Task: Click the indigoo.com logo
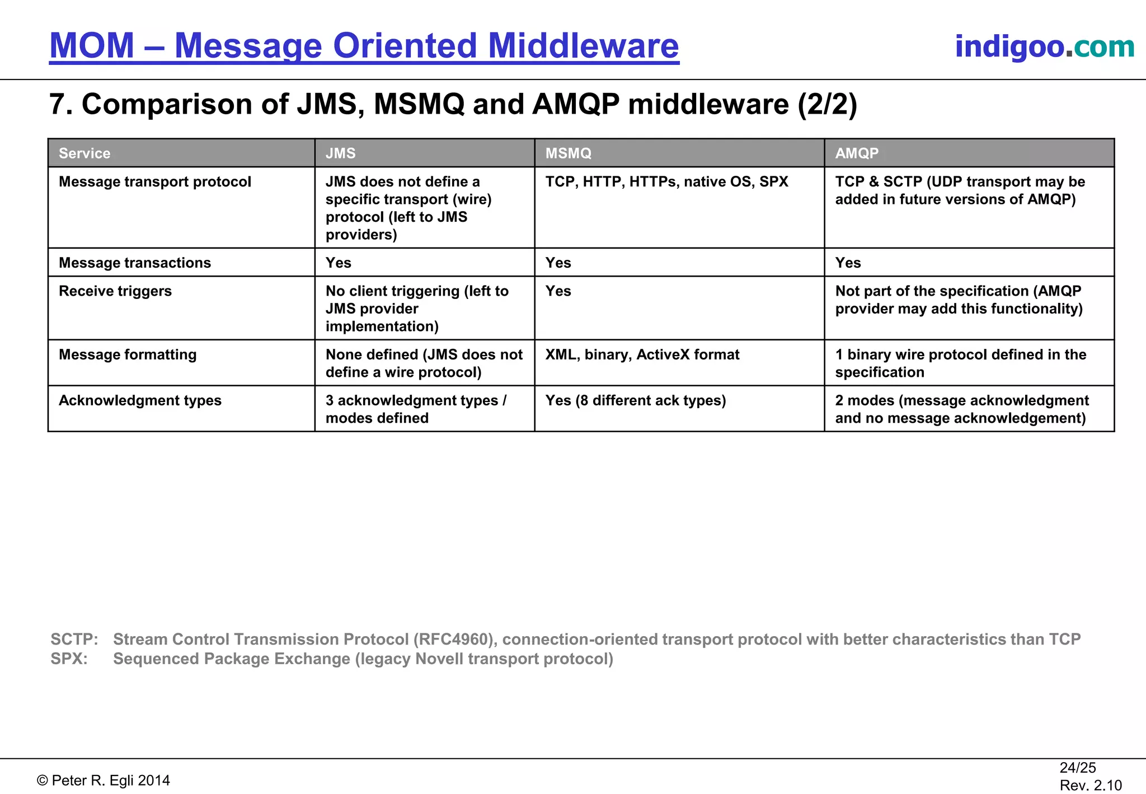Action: point(1044,46)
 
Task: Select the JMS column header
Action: point(340,153)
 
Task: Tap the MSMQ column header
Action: point(568,153)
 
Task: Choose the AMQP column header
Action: point(857,153)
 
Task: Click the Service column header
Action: point(84,153)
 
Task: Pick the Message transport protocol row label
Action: point(155,181)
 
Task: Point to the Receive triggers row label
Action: point(115,291)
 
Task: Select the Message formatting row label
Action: point(128,354)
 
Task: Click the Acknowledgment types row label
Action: point(140,400)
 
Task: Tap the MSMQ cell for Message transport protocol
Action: point(666,181)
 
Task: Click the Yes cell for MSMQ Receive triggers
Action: point(558,291)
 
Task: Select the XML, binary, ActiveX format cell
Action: point(642,354)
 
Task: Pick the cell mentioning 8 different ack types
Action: point(636,400)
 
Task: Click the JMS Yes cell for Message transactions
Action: point(339,263)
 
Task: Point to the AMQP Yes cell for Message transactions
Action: point(848,263)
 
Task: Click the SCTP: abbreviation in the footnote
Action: point(74,639)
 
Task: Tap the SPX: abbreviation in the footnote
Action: point(69,658)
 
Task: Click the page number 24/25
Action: point(1077,768)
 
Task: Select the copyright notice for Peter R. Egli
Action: point(104,781)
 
